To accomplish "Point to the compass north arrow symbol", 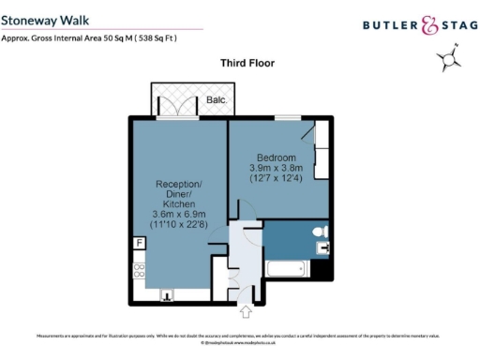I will (x=449, y=60).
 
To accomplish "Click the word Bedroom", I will (x=277, y=157).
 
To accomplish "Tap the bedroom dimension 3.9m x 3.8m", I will (x=277, y=167).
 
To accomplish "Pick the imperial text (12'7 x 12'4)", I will (x=277, y=177).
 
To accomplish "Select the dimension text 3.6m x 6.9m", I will (x=178, y=215).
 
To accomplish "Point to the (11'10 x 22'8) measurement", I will (x=178, y=225).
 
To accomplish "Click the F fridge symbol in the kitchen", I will (x=140, y=244).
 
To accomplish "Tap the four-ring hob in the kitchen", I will (x=140, y=271).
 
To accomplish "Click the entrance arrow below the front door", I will (x=246, y=310).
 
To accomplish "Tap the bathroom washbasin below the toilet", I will (x=323, y=248).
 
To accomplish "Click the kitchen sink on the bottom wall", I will (x=168, y=293).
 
